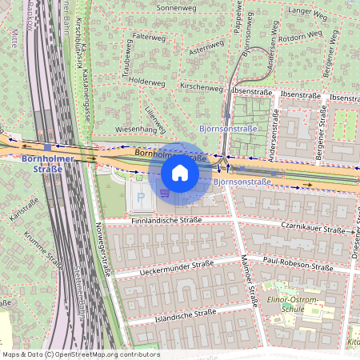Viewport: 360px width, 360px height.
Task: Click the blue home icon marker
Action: pos(180,172)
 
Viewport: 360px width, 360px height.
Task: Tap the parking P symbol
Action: pos(142,196)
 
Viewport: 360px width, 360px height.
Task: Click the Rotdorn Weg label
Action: pos(301,37)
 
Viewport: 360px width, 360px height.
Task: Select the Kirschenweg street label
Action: pos(202,86)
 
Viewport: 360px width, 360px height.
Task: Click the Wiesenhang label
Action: pos(135,128)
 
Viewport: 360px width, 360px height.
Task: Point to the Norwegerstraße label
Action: pos(102,250)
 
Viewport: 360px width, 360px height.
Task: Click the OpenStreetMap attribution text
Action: pos(80,354)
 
